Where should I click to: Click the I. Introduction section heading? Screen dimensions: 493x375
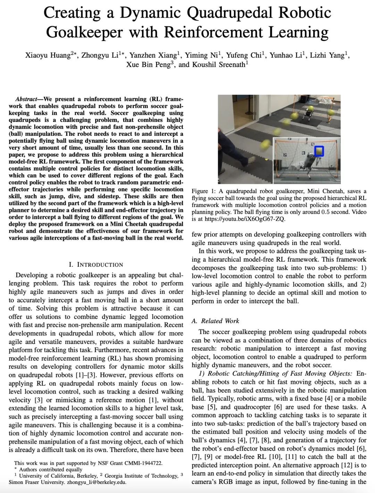point(96,264)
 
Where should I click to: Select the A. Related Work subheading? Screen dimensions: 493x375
point(215,321)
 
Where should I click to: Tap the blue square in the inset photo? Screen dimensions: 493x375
point(319,151)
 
